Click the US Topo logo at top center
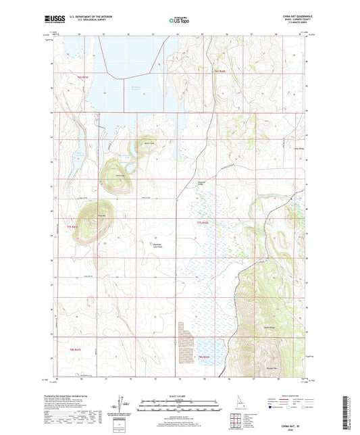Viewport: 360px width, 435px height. pyautogui.click(x=180, y=20)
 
